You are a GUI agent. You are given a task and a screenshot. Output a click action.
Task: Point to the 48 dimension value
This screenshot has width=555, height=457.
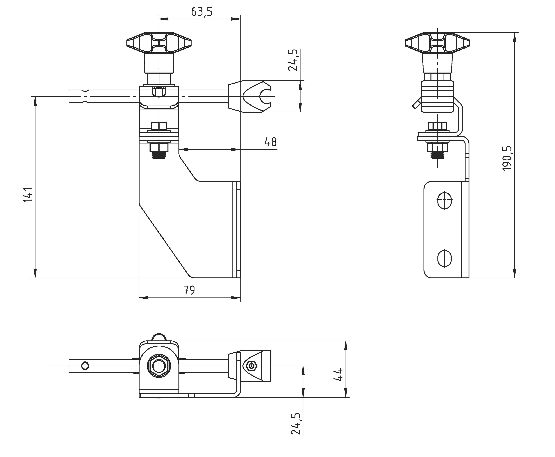pos(270,142)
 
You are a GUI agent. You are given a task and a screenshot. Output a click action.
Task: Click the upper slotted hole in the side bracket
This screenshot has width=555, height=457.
pos(444,201)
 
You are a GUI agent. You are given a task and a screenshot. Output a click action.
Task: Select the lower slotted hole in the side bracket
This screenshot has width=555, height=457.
pos(444,258)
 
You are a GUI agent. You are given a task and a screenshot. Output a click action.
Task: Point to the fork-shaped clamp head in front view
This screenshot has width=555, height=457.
pos(250,96)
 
